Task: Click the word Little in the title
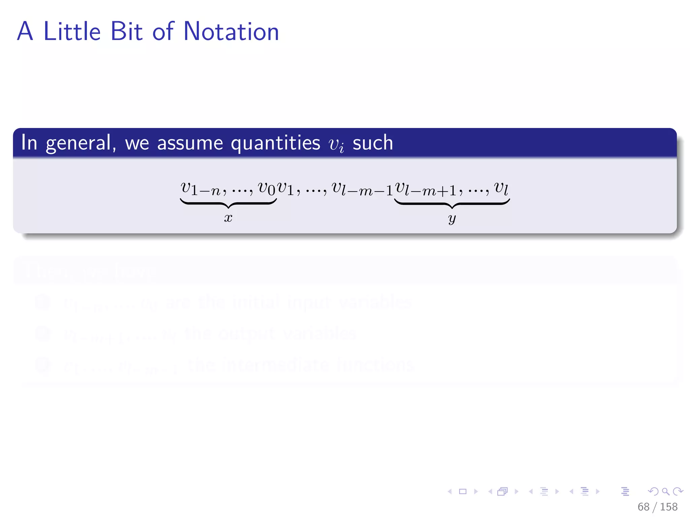click(72, 31)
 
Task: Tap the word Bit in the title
click(126, 31)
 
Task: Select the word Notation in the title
click(231, 31)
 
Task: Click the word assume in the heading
click(190, 143)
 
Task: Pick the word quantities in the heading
click(275, 143)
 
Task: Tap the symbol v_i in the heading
click(336, 145)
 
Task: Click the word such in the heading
click(373, 143)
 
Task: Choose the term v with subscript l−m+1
click(426, 189)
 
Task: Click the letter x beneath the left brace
click(228, 218)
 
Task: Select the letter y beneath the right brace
click(452, 219)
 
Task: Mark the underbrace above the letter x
click(228, 203)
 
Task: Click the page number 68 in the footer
click(643, 507)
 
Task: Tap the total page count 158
click(669, 507)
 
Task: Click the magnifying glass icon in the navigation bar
click(665, 491)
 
